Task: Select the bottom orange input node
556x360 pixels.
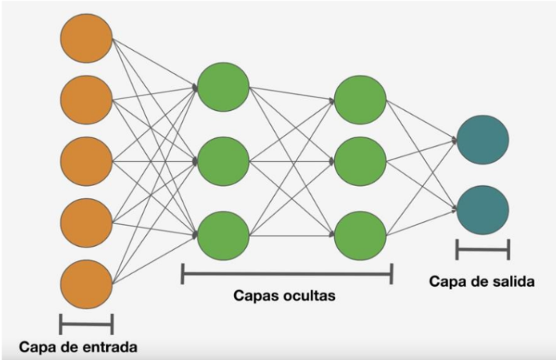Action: (86, 283)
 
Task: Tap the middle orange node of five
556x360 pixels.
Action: (86, 160)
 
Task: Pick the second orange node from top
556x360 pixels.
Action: (86, 99)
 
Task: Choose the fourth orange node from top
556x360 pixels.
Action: (86, 223)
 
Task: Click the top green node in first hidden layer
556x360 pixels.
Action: (223, 85)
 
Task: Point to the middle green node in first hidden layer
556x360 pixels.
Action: (223, 160)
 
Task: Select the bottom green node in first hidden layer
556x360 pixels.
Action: (223, 235)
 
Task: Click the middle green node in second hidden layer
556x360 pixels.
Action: (360, 160)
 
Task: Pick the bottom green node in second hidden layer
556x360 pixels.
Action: (360, 235)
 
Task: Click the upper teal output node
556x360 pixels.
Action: (483, 139)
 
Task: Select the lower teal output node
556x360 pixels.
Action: (483, 209)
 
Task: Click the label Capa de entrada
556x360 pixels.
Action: (80, 344)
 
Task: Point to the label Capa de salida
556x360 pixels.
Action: (482, 281)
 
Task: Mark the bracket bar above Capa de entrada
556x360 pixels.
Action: (86, 323)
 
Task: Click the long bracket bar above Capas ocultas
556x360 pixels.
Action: (287, 273)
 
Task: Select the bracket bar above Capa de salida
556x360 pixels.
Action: (483, 250)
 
